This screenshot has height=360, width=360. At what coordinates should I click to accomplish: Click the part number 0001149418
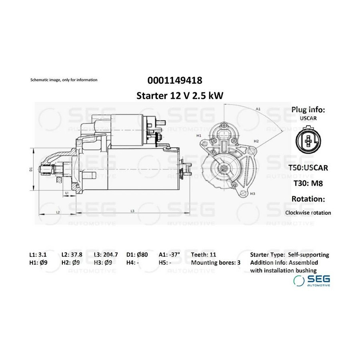point(175,80)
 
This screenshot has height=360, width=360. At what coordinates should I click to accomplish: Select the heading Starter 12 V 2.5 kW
point(180,96)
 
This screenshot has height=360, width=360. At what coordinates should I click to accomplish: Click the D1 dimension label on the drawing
point(31,169)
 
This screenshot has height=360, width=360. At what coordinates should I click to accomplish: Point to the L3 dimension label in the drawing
point(132,211)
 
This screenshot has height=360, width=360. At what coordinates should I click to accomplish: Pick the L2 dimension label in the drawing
point(58,212)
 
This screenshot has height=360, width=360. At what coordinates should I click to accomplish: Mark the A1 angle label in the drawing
point(258,109)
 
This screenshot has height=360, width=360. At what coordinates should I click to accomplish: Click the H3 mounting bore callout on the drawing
point(252,194)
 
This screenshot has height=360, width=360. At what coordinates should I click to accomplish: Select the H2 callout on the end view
point(256,141)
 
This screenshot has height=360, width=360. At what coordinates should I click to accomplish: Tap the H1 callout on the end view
point(199,136)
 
